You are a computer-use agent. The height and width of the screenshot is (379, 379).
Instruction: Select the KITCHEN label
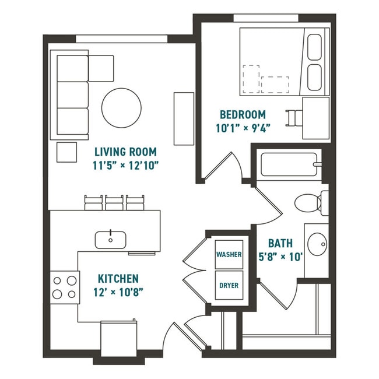118,278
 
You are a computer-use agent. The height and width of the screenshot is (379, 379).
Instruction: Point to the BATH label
280,243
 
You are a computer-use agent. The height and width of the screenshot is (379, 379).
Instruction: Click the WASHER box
229,255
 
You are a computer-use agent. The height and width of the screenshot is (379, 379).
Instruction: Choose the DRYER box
229,286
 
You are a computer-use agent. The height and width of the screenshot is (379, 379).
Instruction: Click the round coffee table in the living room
121,108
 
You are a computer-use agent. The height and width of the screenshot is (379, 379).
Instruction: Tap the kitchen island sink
111,238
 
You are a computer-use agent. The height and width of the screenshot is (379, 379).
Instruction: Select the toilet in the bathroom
310,203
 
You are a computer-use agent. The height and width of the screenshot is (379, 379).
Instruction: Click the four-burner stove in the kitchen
65,287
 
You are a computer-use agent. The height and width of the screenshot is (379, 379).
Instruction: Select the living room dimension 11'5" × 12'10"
126,164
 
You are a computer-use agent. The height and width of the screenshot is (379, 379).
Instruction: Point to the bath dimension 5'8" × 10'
280,255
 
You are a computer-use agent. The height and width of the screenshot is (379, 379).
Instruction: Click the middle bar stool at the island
115,202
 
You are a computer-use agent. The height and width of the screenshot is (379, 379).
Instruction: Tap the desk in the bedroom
315,117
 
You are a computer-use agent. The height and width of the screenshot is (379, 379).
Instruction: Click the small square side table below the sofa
66,152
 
